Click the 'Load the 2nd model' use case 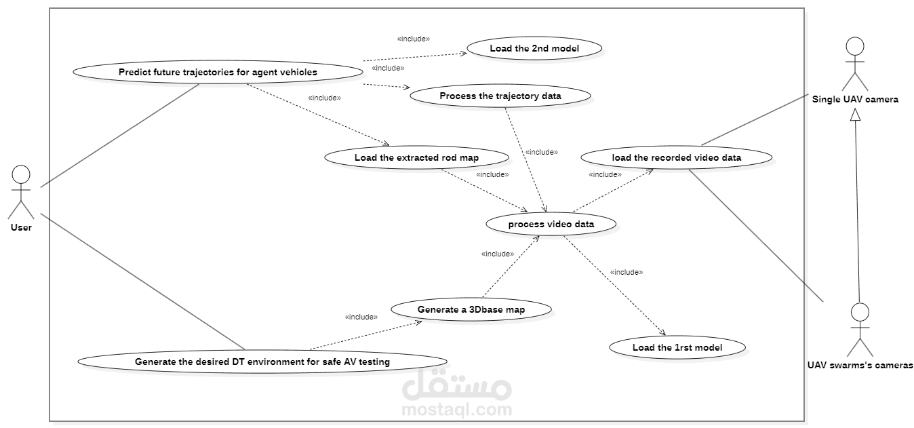(x=534, y=48)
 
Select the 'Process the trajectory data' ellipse (x=500, y=96)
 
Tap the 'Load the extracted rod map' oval (x=416, y=157)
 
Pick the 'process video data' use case (x=551, y=224)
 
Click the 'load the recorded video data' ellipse (x=677, y=157)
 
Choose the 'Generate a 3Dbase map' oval (x=471, y=309)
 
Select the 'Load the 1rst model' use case (x=677, y=347)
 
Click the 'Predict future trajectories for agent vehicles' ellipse (x=218, y=72)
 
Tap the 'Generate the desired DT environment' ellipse (x=262, y=362)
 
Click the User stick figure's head (x=21, y=174)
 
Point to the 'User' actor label (x=21, y=228)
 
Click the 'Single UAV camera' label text (x=855, y=99)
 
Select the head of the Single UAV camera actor (x=855, y=46)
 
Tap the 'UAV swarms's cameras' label (x=860, y=365)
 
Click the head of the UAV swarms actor (x=860, y=312)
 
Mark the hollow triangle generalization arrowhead (x=855, y=115)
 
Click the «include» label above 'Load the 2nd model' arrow (x=414, y=39)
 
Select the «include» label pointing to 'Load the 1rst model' (x=627, y=272)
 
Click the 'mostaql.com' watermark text (x=457, y=410)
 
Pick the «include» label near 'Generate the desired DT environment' (x=361, y=317)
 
